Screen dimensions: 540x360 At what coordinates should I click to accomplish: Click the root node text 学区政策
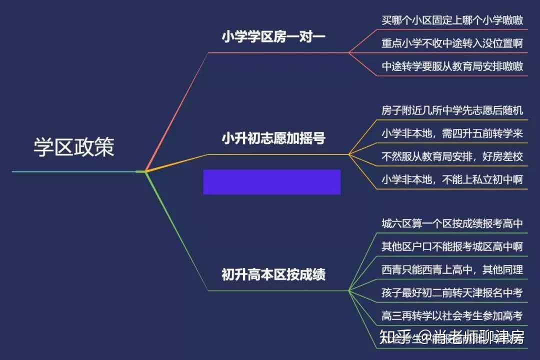pyautogui.click(x=74, y=147)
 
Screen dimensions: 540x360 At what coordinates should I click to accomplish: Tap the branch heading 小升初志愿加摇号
pyautogui.click(x=273, y=138)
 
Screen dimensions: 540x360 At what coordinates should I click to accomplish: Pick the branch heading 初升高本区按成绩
pyautogui.click(x=273, y=274)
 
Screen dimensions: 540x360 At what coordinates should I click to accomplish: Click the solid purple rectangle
pyautogui.click(x=271, y=181)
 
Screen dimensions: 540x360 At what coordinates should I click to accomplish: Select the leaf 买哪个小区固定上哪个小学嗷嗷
pyautogui.click(x=452, y=20)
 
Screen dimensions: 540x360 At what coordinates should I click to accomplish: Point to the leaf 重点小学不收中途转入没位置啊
pyautogui.click(x=452, y=43)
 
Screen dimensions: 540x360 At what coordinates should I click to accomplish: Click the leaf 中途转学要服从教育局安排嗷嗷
pyautogui.click(x=452, y=66)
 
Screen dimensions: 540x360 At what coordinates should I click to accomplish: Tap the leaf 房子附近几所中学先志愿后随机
pyautogui.click(x=452, y=110)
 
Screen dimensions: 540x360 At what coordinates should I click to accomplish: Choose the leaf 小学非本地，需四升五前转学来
pyautogui.click(x=452, y=133)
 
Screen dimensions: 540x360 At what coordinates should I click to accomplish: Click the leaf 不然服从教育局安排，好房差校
pyautogui.click(x=452, y=156)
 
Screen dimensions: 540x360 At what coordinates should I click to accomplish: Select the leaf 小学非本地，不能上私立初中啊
pyautogui.click(x=452, y=179)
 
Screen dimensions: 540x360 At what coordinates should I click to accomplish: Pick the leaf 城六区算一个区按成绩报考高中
pyautogui.click(x=452, y=223)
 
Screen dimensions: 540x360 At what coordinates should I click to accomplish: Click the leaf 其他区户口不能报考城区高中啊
pyautogui.click(x=452, y=246)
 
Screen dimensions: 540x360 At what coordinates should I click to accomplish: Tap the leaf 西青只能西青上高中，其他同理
pyautogui.click(x=452, y=270)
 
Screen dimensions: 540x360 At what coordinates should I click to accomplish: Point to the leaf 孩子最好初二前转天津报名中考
pyautogui.click(x=452, y=292)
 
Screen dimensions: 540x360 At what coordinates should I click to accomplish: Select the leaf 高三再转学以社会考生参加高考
pyautogui.click(x=452, y=315)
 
